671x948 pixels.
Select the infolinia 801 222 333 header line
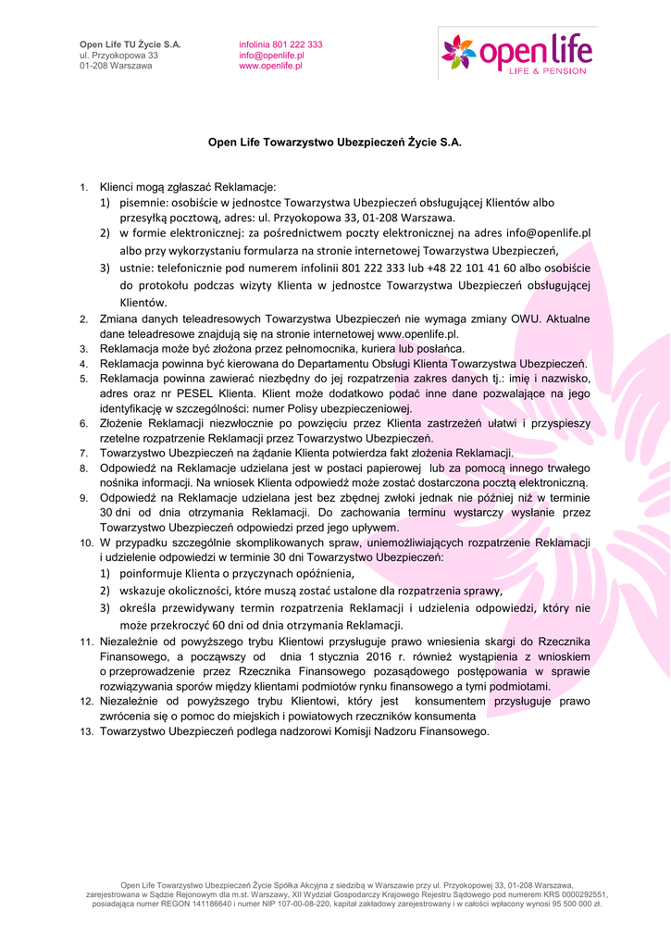(280, 44)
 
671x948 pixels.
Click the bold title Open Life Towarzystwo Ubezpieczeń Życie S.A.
(334, 143)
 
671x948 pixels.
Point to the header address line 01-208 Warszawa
(116, 67)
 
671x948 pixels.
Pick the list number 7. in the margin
(83, 453)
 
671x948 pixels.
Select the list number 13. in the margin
(85, 731)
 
